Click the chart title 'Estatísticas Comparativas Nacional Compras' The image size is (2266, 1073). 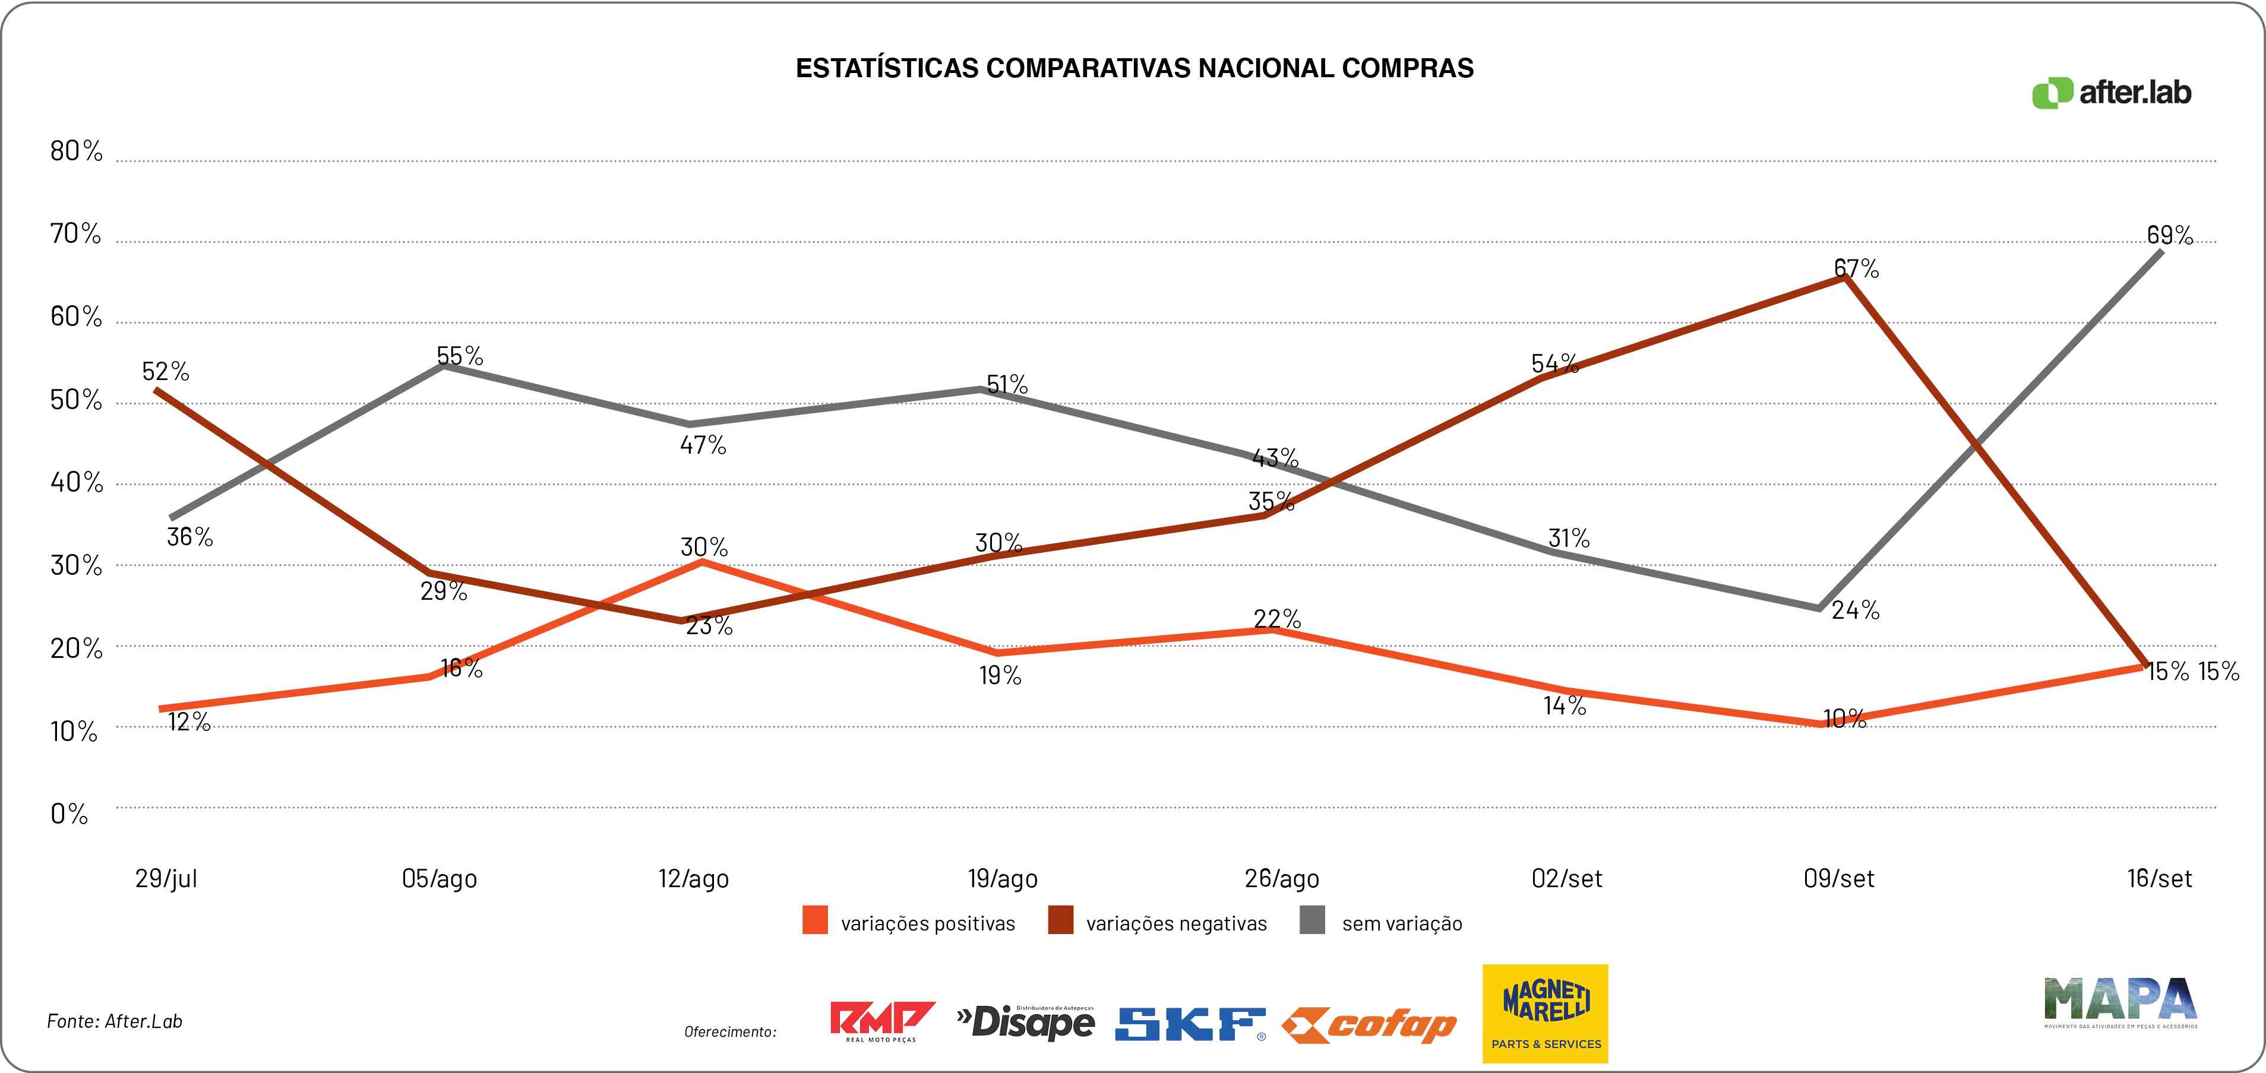click(1134, 69)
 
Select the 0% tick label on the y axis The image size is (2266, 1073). click(69, 815)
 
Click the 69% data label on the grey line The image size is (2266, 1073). click(2169, 235)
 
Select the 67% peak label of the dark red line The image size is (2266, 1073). click(1856, 268)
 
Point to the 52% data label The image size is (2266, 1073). click(165, 371)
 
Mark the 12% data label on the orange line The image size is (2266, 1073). click(189, 722)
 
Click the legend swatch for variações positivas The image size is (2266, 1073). click(814, 921)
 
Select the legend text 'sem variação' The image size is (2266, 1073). click(1401, 923)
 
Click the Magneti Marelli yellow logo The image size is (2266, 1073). click(1545, 1013)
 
